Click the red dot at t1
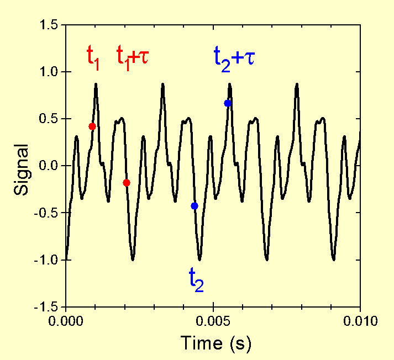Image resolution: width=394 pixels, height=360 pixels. (x=92, y=126)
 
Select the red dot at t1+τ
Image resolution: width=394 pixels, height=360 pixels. (x=127, y=183)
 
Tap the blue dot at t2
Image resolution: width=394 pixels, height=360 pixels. (x=194, y=206)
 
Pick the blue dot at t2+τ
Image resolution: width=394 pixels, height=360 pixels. (x=227, y=103)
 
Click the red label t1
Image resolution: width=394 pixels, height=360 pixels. (x=93, y=57)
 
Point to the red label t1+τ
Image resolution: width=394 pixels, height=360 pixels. (x=132, y=57)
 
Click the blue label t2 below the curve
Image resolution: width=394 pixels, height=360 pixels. (x=196, y=279)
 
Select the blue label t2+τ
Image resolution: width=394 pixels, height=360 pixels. (x=234, y=57)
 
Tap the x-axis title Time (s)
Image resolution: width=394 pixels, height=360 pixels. (x=216, y=343)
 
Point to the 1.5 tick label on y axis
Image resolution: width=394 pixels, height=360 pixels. (x=50, y=25)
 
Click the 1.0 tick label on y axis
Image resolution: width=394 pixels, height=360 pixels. (x=50, y=72)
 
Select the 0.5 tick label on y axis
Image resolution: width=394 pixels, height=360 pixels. (x=50, y=119)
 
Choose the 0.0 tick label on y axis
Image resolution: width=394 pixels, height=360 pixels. (x=50, y=166)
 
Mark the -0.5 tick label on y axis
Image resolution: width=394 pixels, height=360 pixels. (x=48, y=213)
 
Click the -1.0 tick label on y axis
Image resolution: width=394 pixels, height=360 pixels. (x=48, y=260)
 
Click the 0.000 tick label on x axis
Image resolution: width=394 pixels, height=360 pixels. (x=66, y=320)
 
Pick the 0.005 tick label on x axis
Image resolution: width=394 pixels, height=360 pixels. (x=213, y=320)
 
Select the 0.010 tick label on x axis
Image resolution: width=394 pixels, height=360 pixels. (x=360, y=320)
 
